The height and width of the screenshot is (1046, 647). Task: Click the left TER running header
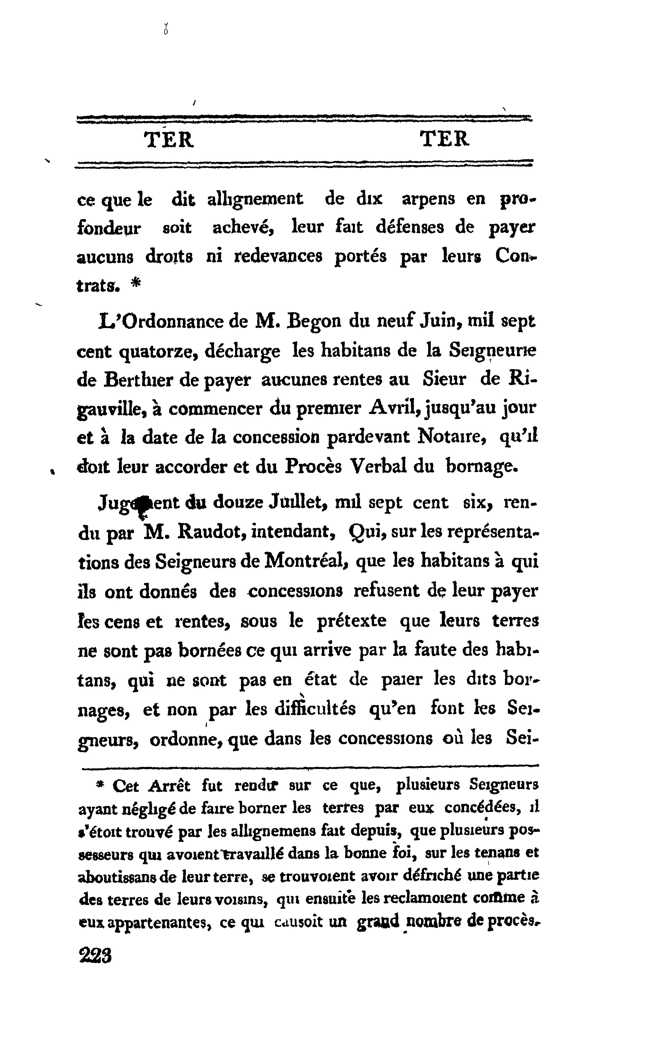(x=169, y=139)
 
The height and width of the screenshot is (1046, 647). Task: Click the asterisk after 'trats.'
(x=136, y=284)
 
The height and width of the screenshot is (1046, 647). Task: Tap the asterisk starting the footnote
(x=100, y=784)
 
